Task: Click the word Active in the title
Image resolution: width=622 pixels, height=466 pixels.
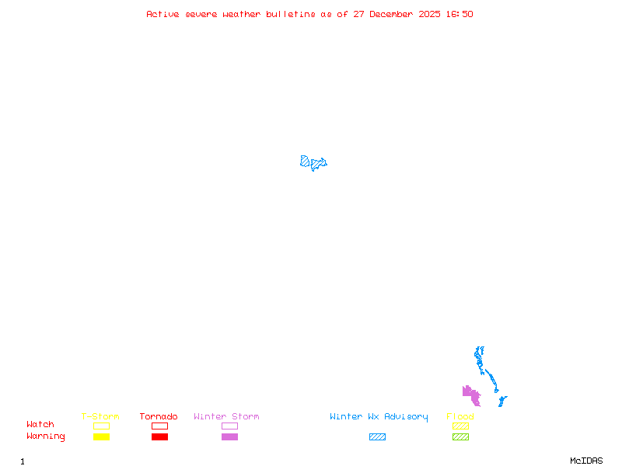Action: click(x=163, y=14)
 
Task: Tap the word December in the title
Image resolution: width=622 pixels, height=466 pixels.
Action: click(x=396, y=14)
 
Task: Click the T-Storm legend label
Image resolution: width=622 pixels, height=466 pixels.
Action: click(x=100, y=416)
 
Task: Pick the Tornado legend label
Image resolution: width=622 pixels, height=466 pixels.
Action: click(x=159, y=416)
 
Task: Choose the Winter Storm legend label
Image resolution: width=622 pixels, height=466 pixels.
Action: click(x=226, y=416)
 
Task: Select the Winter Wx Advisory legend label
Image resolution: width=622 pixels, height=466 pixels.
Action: click(x=379, y=416)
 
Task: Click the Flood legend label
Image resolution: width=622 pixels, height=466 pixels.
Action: click(x=460, y=416)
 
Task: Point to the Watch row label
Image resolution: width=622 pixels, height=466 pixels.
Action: click(x=40, y=425)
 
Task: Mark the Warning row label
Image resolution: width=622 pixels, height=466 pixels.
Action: click(x=46, y=436)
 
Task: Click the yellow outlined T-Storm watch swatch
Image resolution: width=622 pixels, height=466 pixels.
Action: click(x=101, y=426)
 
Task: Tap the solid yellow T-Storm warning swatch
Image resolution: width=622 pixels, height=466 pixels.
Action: click(x=101, y=437)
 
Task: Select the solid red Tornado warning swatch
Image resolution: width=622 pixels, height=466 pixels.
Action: click(x=159, y=437)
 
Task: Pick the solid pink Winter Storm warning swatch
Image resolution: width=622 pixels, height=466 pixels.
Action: click(x=229, y=437)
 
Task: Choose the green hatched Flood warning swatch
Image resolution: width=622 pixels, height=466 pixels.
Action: click(x=460, y=437)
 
